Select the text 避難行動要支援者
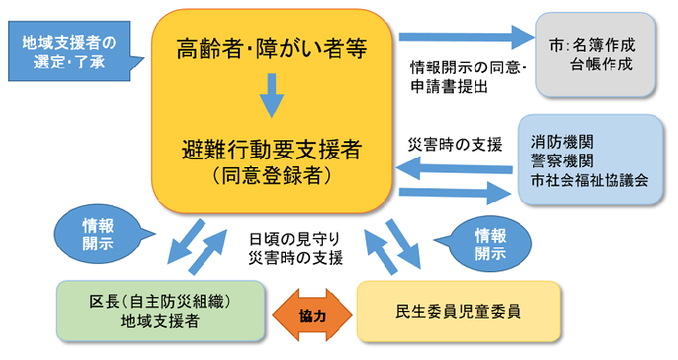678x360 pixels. (x=271, y=147)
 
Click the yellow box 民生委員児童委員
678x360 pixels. (x=458, y=310)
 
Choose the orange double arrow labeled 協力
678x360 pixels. (x=311, y=315)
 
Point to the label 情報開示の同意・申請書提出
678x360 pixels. (x=468, y=78)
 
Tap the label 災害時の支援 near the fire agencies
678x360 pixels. (x=455, y=145)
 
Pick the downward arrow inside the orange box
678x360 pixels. (x=271, y=95)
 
